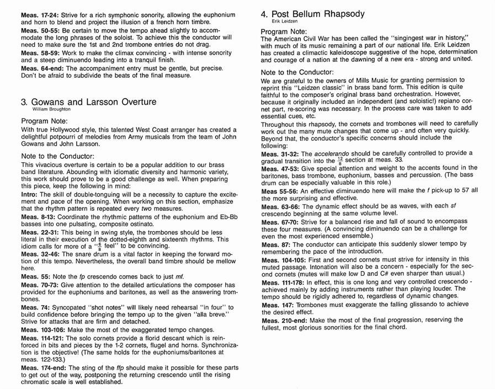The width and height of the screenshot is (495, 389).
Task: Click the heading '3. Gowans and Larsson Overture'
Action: [x=88, y=102]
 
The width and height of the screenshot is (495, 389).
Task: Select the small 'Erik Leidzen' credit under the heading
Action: [x=273, y=21]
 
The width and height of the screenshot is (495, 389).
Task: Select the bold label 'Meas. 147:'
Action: [x=279, y=305]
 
